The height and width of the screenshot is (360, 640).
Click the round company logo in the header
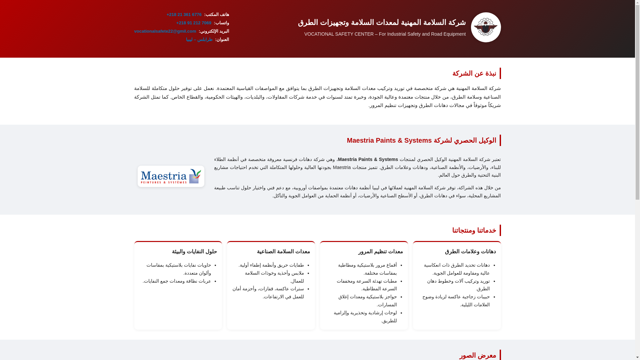486,27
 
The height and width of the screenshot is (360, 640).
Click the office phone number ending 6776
184,15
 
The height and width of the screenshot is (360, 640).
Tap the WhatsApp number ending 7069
194,23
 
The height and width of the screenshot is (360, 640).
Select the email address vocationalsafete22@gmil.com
165,31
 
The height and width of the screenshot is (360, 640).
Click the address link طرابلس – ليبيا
199,40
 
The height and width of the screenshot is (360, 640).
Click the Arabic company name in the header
382,22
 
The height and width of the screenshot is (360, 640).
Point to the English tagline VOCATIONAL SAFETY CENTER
385,34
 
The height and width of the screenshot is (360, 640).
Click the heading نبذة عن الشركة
474,73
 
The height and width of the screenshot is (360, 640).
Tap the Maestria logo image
171,176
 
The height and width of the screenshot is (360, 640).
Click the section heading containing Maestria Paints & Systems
421,140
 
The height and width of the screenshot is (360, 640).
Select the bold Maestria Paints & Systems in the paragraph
368,160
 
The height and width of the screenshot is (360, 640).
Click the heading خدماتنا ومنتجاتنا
474,230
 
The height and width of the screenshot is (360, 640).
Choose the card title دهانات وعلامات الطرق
470,252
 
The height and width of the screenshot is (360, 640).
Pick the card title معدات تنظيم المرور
380,252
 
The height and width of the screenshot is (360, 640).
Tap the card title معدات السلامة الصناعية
283,252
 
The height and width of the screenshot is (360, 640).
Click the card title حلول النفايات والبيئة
194,252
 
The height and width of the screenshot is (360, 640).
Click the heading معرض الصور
478,355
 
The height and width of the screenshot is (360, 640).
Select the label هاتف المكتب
217,15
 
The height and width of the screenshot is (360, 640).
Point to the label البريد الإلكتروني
214,31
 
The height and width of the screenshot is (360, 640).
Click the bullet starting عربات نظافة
177,281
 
